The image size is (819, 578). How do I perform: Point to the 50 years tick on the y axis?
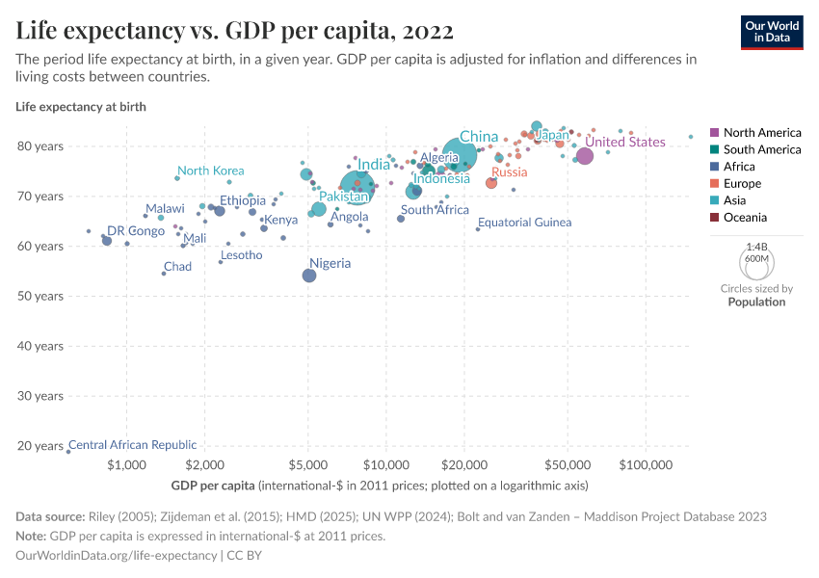[x=40, y=296]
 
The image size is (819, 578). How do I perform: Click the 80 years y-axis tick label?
[x=40, y=146]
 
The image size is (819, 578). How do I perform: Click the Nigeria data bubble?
[x=309, y=276]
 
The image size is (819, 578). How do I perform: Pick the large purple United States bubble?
[x=585, y=157]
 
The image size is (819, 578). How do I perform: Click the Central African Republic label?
[x=132, y=445]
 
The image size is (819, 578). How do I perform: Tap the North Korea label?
[x=210, y=171]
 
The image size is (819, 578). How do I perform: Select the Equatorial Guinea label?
[x=524, y=223]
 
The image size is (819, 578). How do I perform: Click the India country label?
[x=374, y=165]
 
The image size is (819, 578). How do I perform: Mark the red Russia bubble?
[x=491, y=183]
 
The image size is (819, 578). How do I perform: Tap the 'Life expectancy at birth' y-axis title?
[x=81, y=107]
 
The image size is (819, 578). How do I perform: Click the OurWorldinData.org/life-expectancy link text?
[x=117, y=556]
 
